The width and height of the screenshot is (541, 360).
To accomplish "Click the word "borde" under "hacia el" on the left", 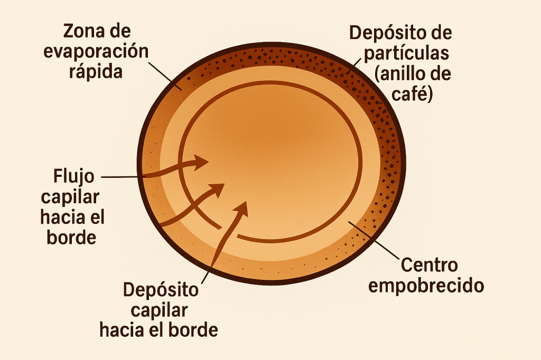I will (x=71, y=238).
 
